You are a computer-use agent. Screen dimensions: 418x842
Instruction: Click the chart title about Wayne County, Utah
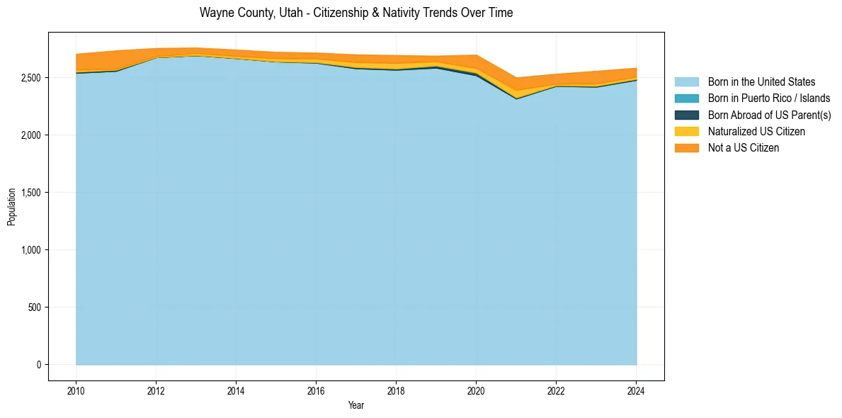[x=356, y=13]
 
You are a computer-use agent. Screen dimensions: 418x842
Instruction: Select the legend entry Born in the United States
[x=761, y=82]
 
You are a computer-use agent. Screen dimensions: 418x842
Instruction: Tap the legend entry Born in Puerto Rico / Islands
[x=769, y=98]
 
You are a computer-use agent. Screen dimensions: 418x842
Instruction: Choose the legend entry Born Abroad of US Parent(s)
[x=769, y=115]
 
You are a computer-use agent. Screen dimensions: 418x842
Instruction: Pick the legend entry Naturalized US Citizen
[x=756, y=132]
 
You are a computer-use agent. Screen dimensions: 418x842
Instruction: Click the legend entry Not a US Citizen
[x=744, y=148]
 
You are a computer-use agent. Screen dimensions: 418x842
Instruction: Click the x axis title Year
[x=356, y=405]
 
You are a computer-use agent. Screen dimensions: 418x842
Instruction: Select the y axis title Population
[x=11, y=206]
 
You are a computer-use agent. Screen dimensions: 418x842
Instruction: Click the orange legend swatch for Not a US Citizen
[x=686, y=148]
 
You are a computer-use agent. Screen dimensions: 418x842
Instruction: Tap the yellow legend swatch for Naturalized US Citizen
[x=686, y=132]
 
